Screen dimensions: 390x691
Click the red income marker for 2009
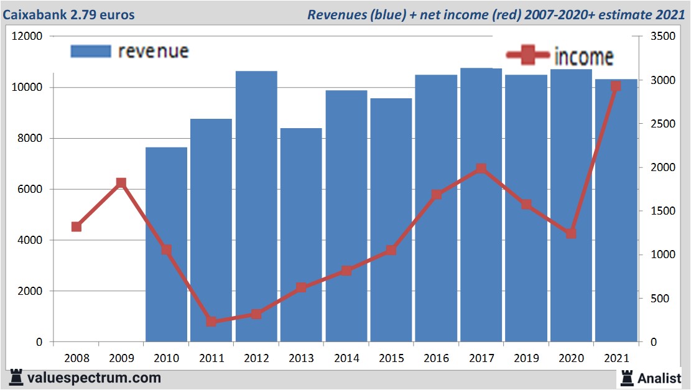coord(121,183)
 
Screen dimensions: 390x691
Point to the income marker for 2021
coord(616,86)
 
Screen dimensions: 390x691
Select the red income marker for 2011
coord(211,322)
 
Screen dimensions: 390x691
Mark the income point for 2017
coord(481,169)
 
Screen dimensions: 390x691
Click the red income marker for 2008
coord(77,227)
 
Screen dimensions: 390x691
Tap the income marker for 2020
coord(571,234)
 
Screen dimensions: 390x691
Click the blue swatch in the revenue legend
coord(91,52)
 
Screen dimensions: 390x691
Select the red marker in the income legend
coord(528,56)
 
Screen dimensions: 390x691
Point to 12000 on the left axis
coord(27,37)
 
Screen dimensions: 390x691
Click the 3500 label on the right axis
coord(661,37)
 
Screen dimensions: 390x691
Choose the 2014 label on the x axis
coord(346,359)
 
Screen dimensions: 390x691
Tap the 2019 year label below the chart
coord(526,359)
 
